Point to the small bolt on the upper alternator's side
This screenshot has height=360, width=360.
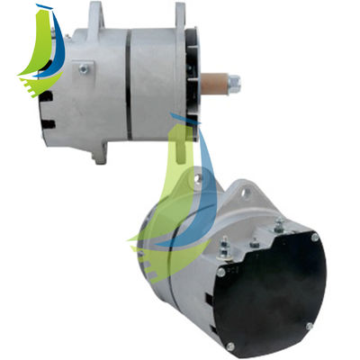(x=84, y=67)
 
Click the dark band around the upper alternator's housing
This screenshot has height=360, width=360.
(x=129, y=81)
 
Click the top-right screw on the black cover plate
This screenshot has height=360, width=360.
(x=315, y=237)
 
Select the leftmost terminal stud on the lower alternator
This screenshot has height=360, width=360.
(x=222, y=240)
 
